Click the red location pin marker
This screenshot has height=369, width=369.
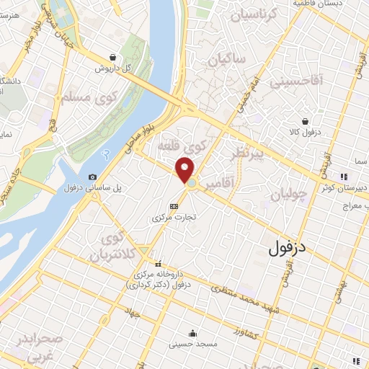[x=185, y=171]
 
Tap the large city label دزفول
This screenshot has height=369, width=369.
[x=287, y=249]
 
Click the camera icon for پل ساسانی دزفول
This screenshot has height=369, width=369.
[x=92, y=177]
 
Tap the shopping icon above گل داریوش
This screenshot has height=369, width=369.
[x=112, y=58]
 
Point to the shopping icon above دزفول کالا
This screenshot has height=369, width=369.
[x=306, y=121]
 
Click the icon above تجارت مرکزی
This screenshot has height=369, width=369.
[x=173, y=206]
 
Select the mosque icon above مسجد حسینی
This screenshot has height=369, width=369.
[x=192, y=333]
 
